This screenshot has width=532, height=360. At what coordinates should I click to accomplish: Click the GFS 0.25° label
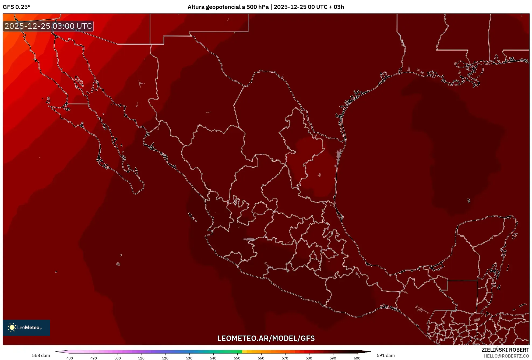point(17,7)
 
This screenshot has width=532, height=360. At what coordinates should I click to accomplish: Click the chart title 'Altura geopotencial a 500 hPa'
point(228,7)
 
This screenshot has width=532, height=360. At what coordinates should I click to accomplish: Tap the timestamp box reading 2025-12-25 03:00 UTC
point(48,26)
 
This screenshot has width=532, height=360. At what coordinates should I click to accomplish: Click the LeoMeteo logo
point(26,327)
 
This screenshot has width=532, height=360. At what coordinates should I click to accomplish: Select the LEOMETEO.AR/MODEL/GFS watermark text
point(266,338)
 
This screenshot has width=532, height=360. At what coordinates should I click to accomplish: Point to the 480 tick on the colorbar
point(70,358)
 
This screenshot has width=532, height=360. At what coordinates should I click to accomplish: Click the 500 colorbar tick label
point(118,358)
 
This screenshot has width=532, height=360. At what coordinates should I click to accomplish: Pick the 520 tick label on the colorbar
point(165,358)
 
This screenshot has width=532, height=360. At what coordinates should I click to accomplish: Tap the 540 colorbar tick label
point(213,358)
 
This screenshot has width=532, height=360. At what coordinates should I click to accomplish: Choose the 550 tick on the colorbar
point(237,358)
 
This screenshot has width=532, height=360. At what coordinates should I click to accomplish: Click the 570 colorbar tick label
point(285,358)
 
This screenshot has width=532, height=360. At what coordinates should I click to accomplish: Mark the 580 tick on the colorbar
point(309,358)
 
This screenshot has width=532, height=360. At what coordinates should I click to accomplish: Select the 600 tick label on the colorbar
point(357,358)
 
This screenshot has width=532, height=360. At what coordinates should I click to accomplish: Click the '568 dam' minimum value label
point(41,355)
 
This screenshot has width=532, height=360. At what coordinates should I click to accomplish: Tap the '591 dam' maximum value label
point(386,355)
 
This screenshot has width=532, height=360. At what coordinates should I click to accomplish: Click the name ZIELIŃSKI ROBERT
point(505,350)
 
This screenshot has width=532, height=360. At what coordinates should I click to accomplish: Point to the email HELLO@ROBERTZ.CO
point(506,356)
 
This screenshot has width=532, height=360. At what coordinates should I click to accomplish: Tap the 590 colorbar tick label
point(333,358)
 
